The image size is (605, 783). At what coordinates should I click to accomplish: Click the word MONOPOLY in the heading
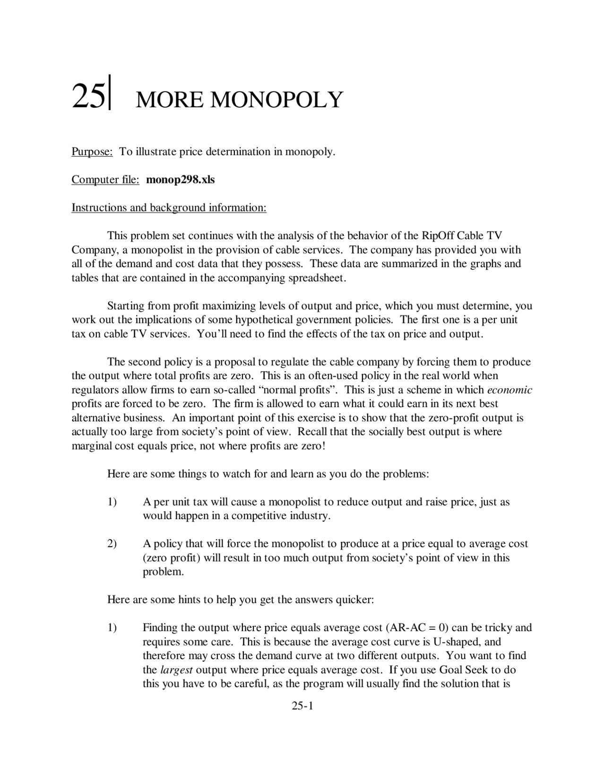276,100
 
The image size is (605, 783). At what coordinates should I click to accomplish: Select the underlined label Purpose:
92,152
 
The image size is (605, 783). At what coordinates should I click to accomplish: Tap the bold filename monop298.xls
181,180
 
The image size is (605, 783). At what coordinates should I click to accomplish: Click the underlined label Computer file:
105,180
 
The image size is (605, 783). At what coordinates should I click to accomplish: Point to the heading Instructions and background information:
169,208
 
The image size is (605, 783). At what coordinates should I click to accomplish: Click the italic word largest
176,670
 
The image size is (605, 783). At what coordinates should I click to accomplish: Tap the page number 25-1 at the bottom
302,706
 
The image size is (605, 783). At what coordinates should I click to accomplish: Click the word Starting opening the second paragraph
126,306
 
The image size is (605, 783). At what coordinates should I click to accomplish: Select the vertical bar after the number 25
110,93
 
